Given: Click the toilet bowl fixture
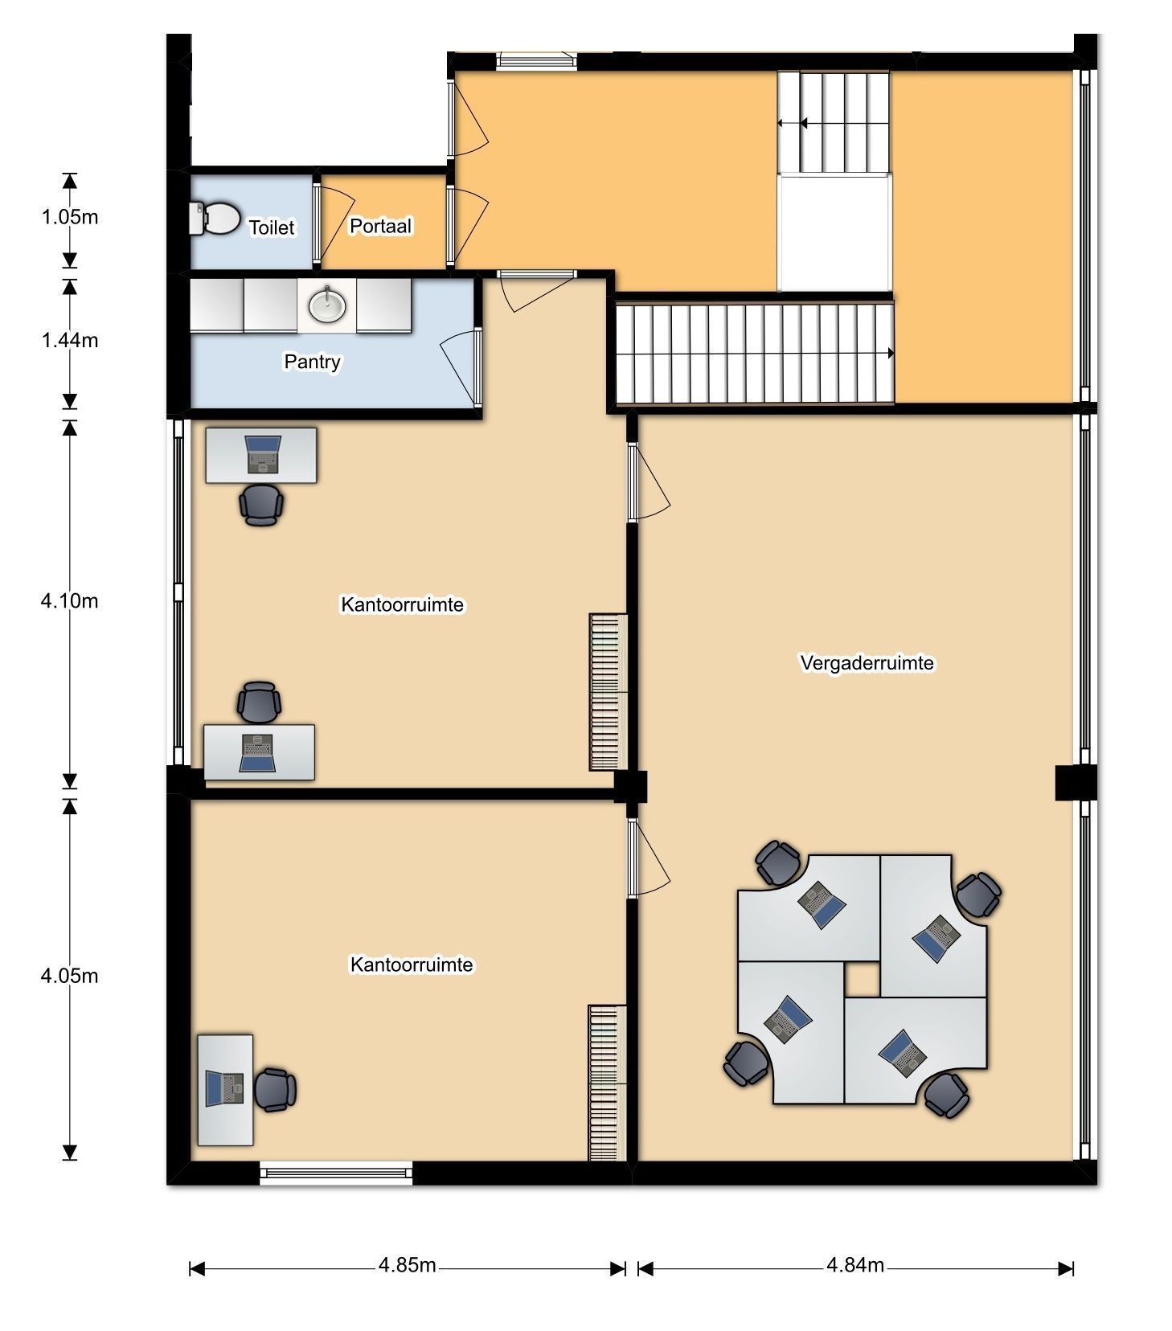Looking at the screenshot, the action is coord(215,218).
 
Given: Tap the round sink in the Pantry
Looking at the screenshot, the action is coord(327,305).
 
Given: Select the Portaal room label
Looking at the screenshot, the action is coord(380,226).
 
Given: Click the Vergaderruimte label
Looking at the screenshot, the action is coord(867,662).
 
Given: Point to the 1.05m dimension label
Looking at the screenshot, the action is coord(70,216).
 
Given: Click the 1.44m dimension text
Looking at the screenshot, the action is coord(70,340).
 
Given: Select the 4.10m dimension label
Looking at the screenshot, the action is coord(70,600).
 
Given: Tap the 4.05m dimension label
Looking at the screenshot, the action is coord(70,975).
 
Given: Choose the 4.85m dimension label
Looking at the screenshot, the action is coord(407,1264).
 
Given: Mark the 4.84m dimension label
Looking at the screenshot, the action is coord(854,1264).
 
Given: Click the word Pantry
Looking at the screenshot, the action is coord(312,362).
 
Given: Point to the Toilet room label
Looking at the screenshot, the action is coord(272,227).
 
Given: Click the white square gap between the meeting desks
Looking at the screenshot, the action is coord(862,979).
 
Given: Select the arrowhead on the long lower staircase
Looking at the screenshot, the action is coord(890,353).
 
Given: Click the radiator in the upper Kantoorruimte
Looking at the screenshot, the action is coord(608,692).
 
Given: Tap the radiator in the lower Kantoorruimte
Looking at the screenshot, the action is coord(607,1083).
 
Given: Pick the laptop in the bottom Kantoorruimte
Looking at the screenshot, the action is coord(224,1088).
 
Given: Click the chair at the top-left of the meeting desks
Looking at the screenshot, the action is coord(777,862).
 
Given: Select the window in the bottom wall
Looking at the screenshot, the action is coord(336,1173).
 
